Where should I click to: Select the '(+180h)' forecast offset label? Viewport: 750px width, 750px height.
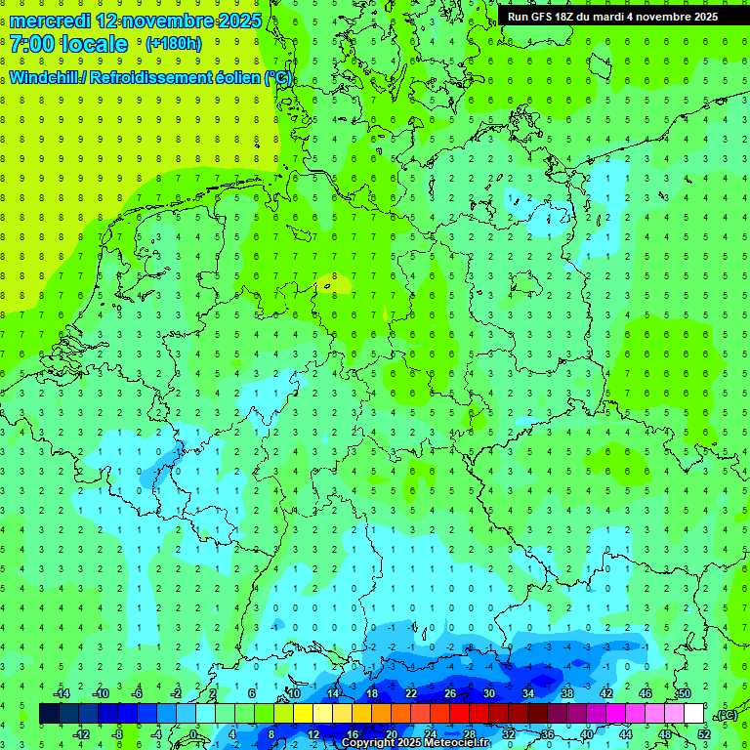pos(173,44)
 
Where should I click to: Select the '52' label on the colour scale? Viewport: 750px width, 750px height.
pos(704,734)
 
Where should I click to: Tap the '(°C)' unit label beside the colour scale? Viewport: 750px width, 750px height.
pos(727,715)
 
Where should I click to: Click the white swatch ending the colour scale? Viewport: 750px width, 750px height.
pos(693,714)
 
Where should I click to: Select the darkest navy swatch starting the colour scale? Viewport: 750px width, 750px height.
pos(49,714)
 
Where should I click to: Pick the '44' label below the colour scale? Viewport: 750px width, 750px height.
pos(626,734)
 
